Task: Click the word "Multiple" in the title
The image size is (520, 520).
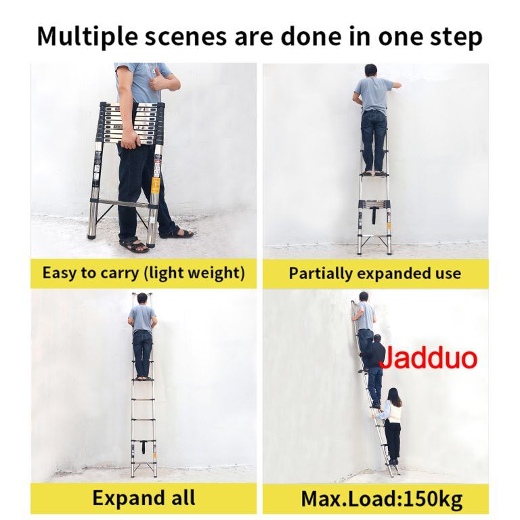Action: click(87, 37)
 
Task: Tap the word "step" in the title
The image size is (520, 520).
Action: click(456, 37)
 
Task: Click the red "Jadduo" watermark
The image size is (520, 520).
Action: click(429, 357)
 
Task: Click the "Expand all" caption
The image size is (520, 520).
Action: click(144, 498)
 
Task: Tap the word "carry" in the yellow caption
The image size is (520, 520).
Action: click(120, 274)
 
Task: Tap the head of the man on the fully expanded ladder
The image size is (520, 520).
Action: click(142, 298)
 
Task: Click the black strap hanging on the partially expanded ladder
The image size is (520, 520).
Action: click(374, 215)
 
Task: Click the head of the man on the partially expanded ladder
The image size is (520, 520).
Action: click(371, 70)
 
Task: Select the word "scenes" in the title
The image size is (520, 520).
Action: click(186, 37)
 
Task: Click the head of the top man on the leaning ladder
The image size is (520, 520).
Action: click(364, 297)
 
